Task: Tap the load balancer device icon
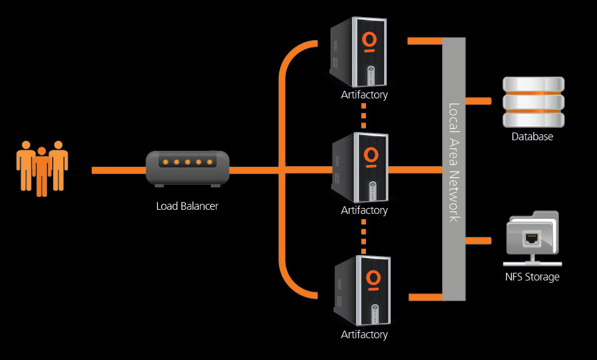point(187,169)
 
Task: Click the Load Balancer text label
point(187,206)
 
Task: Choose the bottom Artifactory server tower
point(362,290)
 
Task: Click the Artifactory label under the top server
point(364,94)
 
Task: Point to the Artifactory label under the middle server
point(364,210)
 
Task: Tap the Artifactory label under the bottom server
point(364,335)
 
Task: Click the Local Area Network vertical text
point(454,163)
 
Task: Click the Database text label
point(532,137)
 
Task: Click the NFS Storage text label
point(532,276)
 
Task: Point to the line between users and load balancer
point(118,170)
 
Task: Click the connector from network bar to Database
point(478,101)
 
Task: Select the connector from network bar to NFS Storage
point(478,240)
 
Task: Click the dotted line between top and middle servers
point(364,115)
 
